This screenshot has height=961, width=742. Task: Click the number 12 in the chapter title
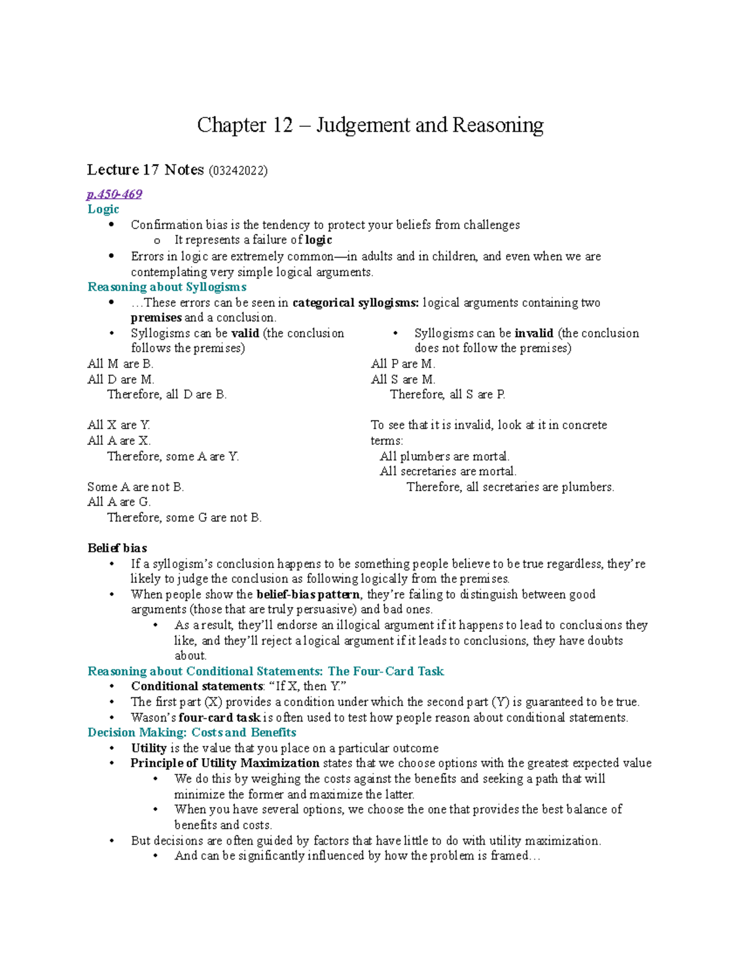click(282, 125)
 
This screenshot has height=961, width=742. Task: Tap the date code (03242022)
click(238, 171)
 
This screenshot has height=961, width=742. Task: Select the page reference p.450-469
click(114, 194)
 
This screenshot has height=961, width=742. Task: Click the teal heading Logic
click(103, 209)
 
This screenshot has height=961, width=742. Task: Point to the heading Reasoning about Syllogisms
click(167, 287)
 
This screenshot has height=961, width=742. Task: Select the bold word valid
click(245, 334)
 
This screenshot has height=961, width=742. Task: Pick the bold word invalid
click(534, 334)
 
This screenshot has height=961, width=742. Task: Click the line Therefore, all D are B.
click(167, 395)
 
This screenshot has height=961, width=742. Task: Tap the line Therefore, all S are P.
click(448, 395)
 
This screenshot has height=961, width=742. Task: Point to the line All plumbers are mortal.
click(445, 457)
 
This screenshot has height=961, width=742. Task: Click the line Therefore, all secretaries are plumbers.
click(510, 488)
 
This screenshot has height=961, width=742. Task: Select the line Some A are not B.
click(135, 488)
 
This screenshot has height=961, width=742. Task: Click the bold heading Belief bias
click(117, 548)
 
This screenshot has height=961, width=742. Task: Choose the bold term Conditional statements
click(197, 686)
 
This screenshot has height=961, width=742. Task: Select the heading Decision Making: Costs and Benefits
click(192, 733)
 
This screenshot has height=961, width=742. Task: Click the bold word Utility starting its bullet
click(148, 748)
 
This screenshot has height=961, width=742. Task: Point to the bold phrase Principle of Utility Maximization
click(225, 763)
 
